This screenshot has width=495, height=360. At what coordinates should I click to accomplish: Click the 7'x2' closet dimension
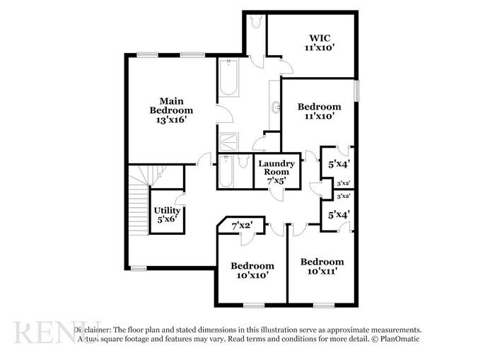coord(243,226)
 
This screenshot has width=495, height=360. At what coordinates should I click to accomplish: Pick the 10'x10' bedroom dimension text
coord(252,275)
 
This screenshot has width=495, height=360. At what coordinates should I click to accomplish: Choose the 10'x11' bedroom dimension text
coord(322,271)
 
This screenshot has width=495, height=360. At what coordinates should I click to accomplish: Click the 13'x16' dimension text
coord(172,120)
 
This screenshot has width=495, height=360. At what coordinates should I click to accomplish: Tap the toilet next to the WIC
coord(256,21)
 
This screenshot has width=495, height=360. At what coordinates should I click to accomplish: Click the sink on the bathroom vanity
coord(276,108)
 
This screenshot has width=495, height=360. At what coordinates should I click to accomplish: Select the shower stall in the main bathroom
coord(229,142)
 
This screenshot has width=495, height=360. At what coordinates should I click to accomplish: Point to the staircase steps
coord(139,209)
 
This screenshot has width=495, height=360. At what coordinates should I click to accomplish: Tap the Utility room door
coord(180,199)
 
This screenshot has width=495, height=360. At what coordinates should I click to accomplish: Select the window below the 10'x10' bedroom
coord(254,306)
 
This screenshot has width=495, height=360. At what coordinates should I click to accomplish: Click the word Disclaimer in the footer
coord(92,330)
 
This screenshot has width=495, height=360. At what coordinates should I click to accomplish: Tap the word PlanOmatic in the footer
coord(400,339)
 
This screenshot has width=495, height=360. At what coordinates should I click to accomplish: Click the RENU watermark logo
coord(57,332)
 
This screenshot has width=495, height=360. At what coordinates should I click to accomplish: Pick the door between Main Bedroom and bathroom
coord(225,114)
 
